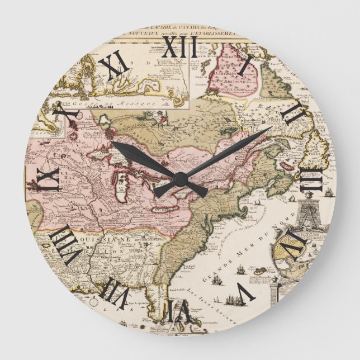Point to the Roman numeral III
point(312,178)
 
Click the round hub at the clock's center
point(180,179)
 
